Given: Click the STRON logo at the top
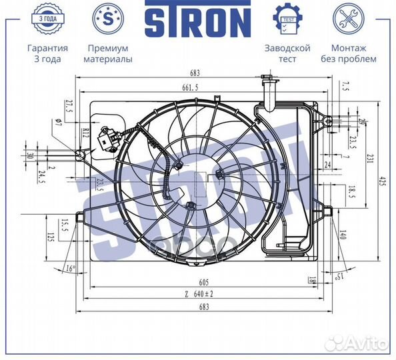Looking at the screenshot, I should pos(197,21).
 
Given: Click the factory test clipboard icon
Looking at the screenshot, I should pos(287,18).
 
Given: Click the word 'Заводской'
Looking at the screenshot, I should pos(287,48).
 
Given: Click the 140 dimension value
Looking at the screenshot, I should pos(343,235).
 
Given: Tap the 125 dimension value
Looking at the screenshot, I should pos(50,237).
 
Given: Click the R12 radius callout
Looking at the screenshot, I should pos(86,133).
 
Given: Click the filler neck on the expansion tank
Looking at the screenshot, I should pos(269,93).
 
